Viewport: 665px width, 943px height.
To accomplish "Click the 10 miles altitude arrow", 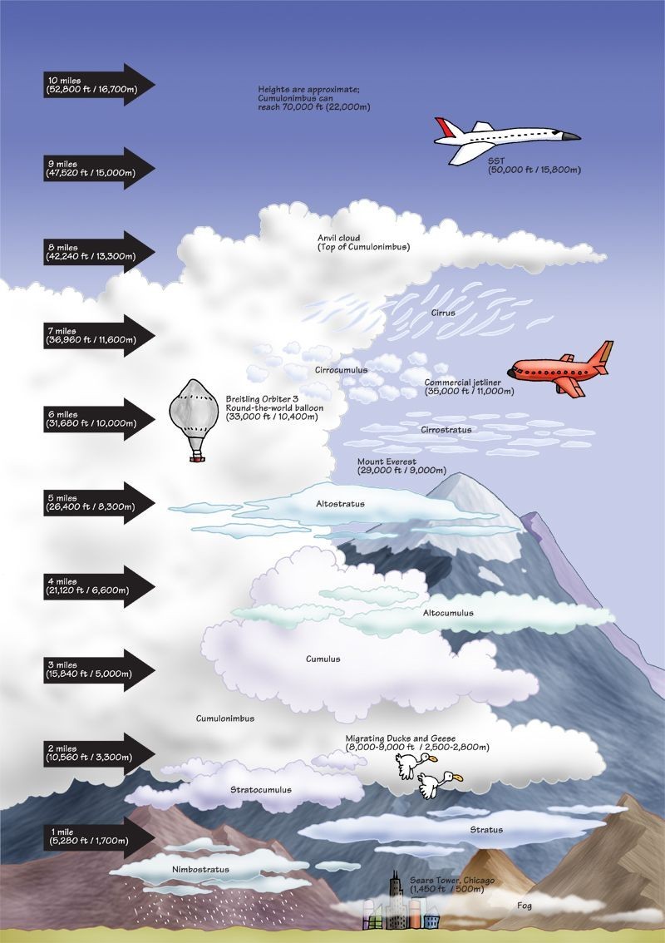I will point(98,84).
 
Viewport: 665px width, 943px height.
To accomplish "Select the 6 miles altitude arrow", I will point(98,418).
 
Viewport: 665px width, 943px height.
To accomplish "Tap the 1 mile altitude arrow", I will point(98,837).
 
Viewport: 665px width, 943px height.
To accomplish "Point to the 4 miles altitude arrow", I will point(98,586).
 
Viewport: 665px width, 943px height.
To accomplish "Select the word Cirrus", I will point(443,314).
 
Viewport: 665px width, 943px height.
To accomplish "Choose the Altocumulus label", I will point(448,613).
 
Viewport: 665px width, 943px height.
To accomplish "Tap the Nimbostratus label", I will point(200,870).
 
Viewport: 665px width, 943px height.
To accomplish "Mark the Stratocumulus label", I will point(260,789).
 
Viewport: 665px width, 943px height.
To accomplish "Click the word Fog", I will point(525,906).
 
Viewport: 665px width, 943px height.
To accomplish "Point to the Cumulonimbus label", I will point(225,718).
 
